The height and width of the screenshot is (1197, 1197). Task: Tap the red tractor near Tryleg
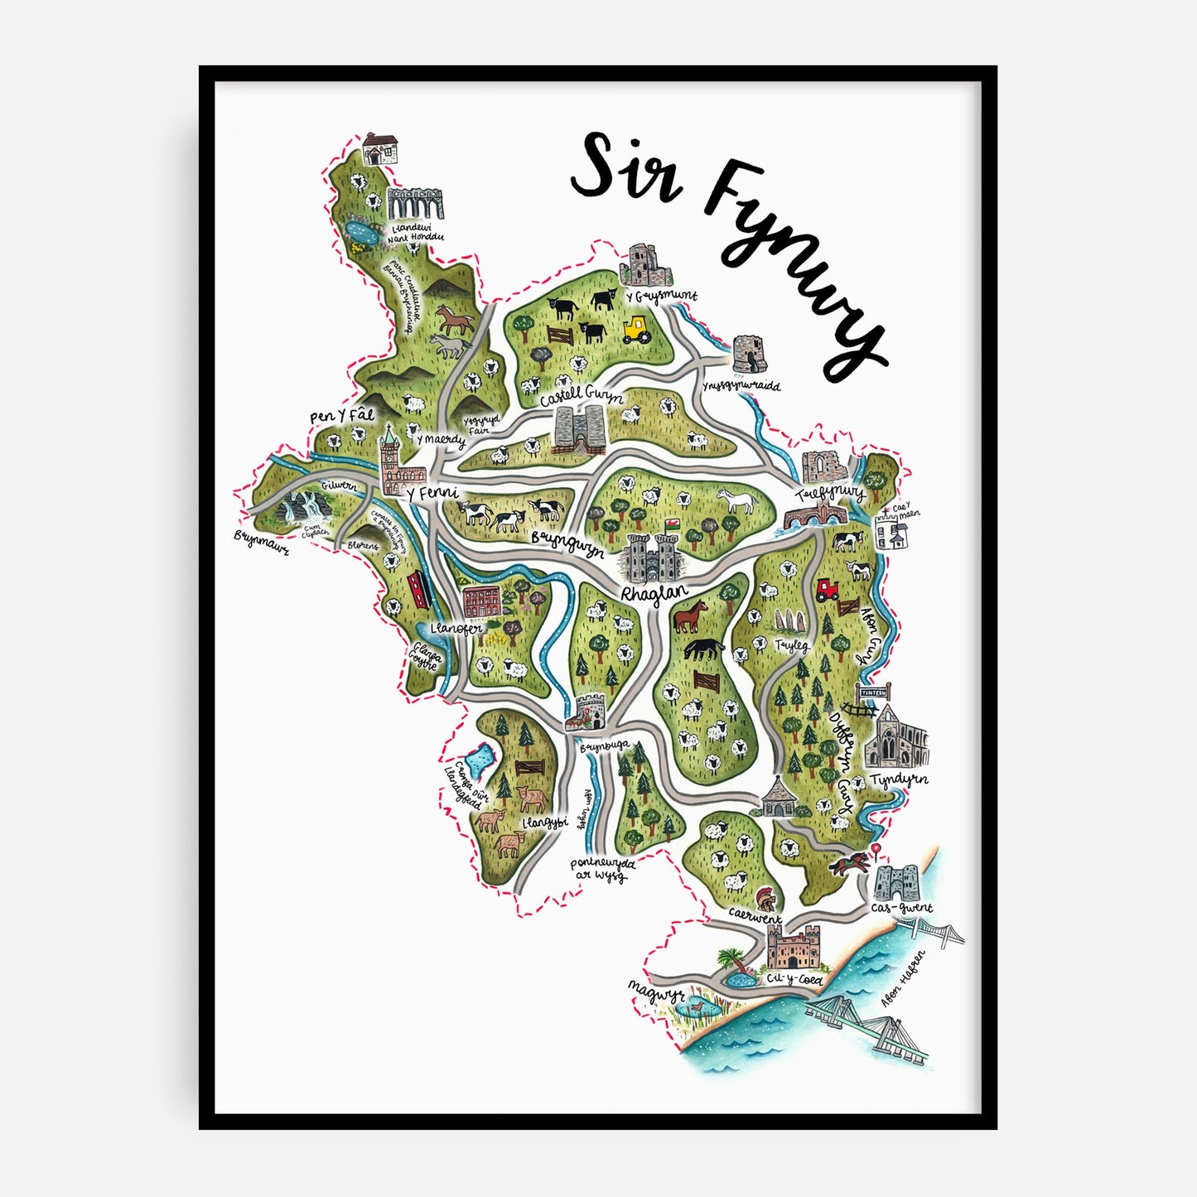tap(827, 589)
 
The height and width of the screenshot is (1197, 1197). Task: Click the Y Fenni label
tap(432, 494)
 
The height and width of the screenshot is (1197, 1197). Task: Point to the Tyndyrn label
tap(898, 779)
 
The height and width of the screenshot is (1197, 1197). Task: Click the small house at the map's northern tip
tap(381, 149)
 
